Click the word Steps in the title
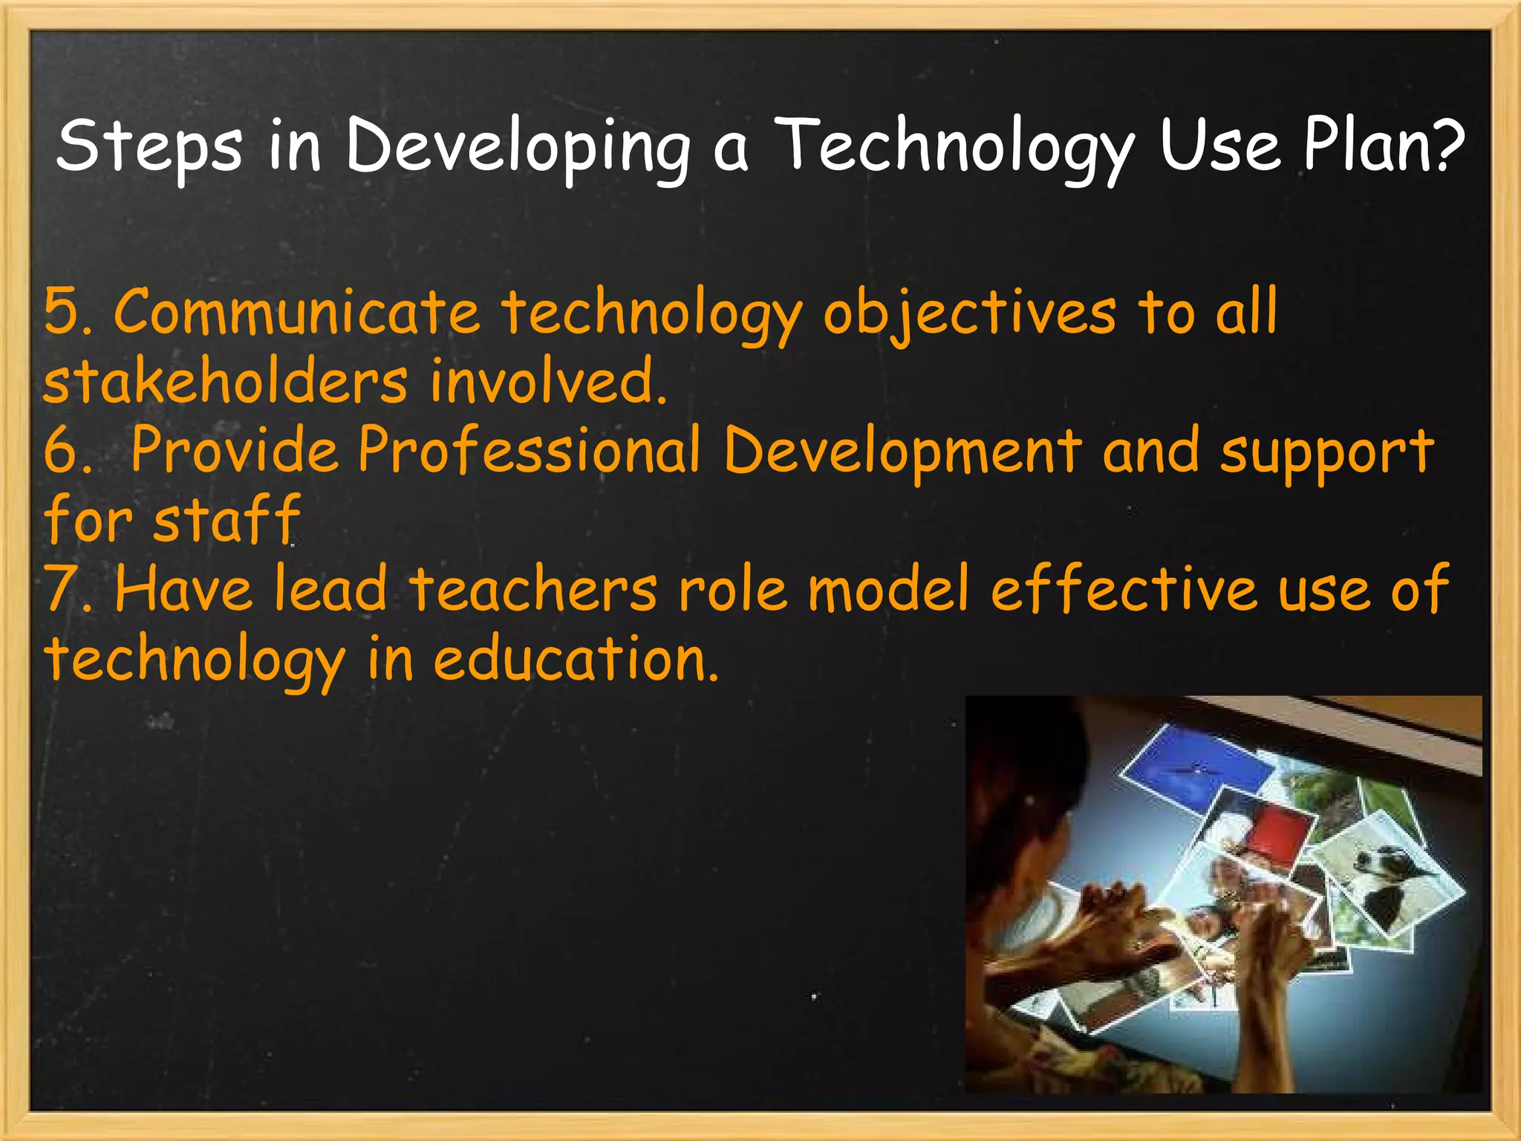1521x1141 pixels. point(149,145)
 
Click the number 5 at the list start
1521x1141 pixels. point(62,312)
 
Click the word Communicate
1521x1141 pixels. point(296,312)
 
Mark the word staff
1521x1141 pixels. point(227,519)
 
